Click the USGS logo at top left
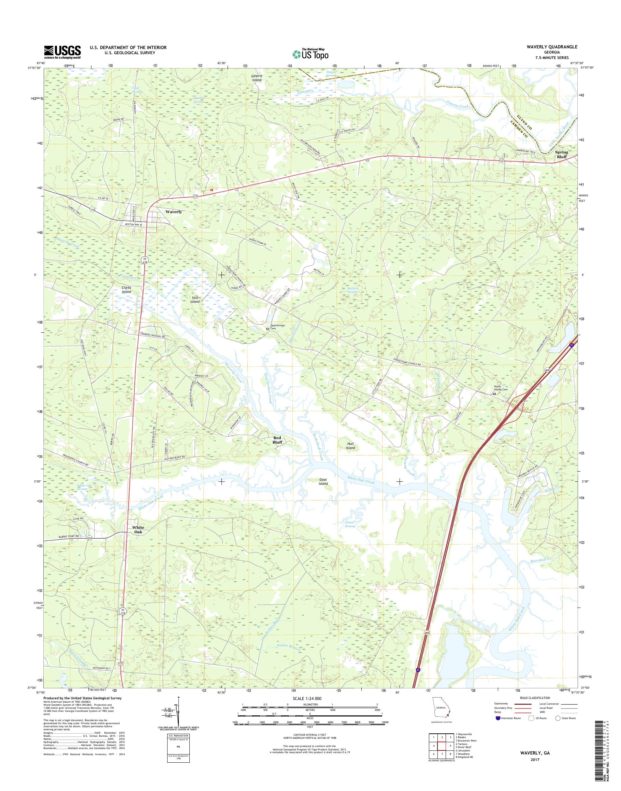pos(62,52)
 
